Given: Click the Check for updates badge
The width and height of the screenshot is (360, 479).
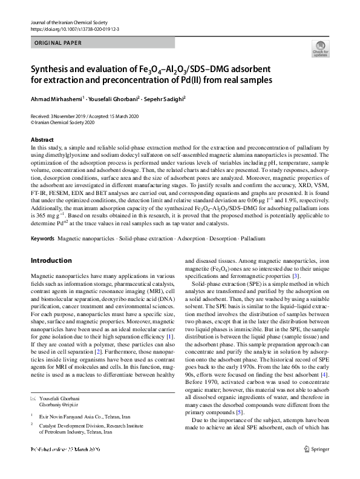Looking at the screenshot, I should (320, 50).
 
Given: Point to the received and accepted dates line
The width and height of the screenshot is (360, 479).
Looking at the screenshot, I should (80, 116).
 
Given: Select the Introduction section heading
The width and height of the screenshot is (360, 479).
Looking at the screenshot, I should (51, 261).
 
